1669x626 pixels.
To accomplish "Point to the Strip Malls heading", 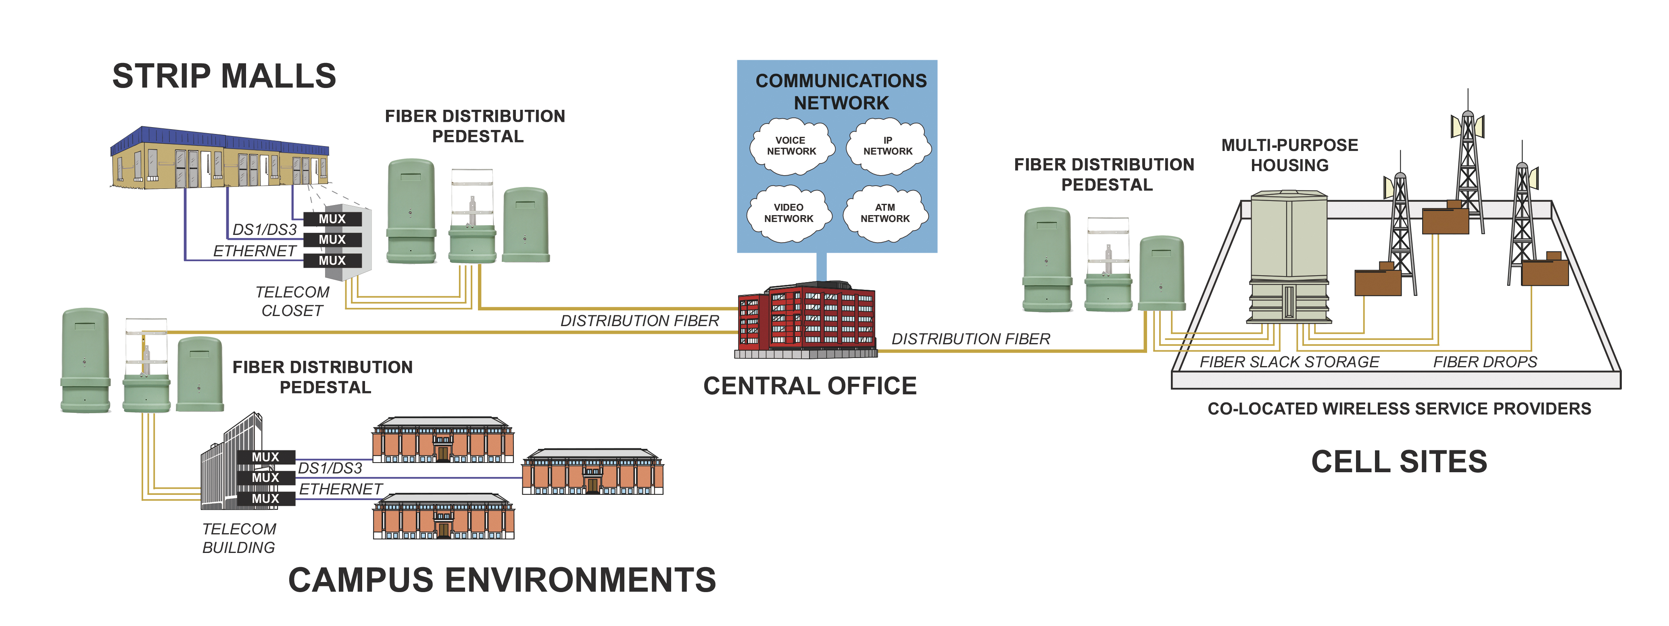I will (x=224, y=76).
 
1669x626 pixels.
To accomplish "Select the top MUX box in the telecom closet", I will (x=332, y=219).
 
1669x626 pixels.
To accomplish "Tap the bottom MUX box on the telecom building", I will (x=266, y=499).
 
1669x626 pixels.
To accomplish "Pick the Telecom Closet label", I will (x=292, y=301).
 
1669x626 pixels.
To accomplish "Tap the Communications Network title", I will (x=841, y=91).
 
